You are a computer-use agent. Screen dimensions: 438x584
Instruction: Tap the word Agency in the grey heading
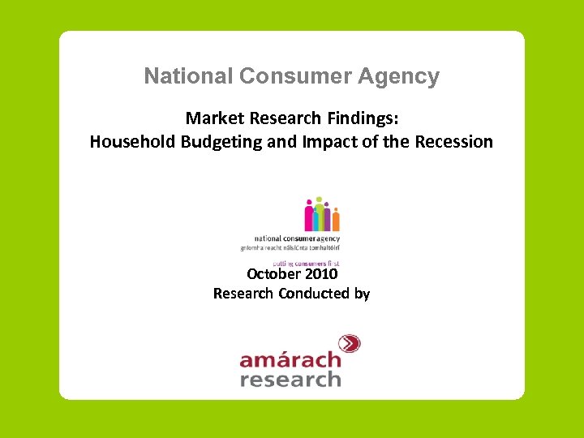[403, 76]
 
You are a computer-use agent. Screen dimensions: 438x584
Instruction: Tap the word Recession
[453, 142]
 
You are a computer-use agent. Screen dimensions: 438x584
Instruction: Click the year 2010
[321, 274]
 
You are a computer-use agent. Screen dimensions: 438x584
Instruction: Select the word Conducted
[314, 294]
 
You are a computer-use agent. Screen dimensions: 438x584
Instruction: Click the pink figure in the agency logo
[309, 217]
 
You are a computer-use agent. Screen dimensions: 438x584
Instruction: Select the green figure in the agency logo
[319, 213]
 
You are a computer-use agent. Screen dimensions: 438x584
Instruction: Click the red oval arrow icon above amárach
[348, 344]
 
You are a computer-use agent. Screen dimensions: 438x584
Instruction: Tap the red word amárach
[290, 359]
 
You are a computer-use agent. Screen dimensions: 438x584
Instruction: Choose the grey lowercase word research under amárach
[290, 379]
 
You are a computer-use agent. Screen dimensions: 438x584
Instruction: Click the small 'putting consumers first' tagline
[305, 263]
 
